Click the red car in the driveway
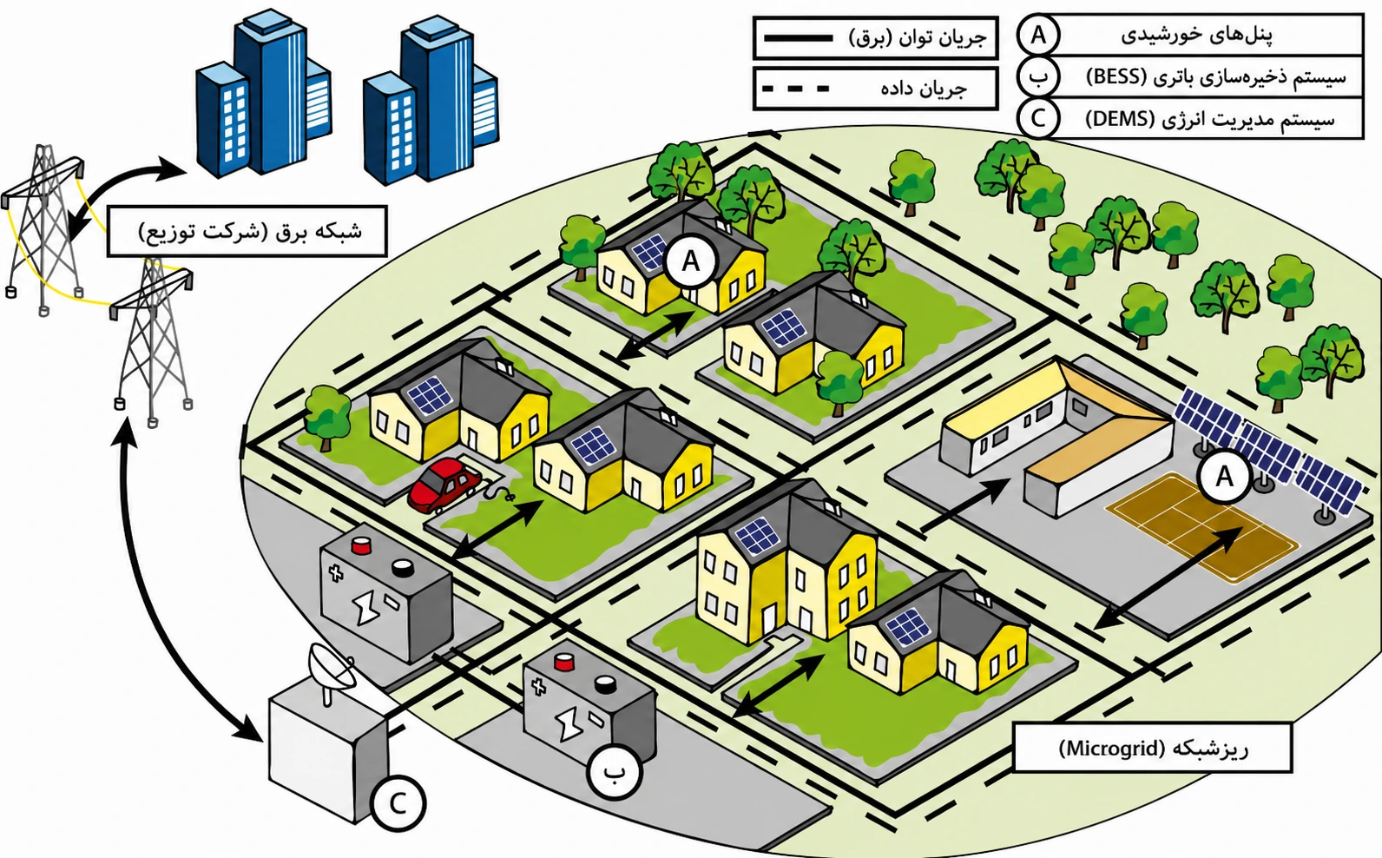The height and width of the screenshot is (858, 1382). pos(444,485)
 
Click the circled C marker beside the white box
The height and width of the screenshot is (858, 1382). pos(398,803)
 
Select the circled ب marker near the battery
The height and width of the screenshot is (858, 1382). pos(615,771)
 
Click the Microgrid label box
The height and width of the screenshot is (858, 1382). pos(1153,748)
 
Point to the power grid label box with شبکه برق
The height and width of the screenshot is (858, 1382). pos(247,232)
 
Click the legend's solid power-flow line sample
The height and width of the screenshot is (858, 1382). pos(799,38)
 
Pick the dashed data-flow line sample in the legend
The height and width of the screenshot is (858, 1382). pos(796,89)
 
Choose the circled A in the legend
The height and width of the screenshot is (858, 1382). pos(1038,36)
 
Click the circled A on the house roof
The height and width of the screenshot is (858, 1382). pos(691,261)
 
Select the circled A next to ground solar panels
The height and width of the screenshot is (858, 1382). pos(1224,477)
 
